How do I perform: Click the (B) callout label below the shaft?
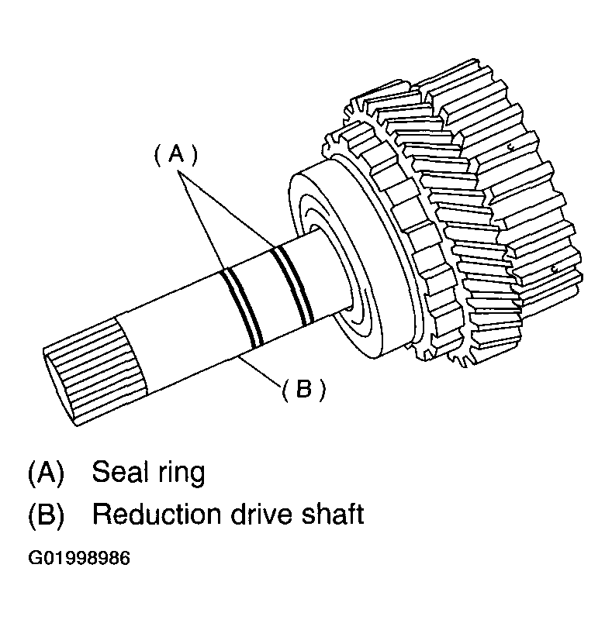pos(303,388)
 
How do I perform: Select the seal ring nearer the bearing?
pos(292,284)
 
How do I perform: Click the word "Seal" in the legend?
pos(119,472)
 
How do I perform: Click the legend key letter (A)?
pos(46,473)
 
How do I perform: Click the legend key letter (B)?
pos(46,515)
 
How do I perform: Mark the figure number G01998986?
pos(79,558)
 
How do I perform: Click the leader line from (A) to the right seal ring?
pos(225,210)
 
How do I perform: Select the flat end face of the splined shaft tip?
pos(58,387)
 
